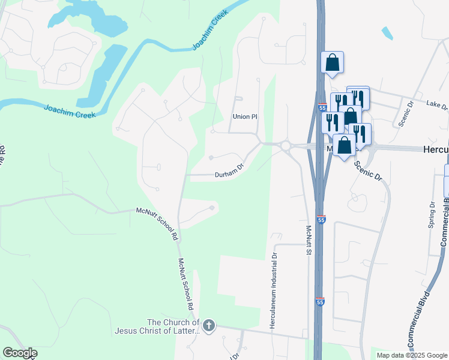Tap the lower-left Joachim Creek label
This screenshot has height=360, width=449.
tap(69, 111)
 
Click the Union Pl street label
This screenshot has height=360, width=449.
tap(245, 116)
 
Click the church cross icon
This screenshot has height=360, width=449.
tap(208, 326)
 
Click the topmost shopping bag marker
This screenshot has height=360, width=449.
tap(332, 62)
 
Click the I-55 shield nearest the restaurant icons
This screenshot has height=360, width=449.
tap(322, 108)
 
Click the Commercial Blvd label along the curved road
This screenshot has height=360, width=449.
tap(420, 320)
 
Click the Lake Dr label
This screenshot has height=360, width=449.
tap(437, 105)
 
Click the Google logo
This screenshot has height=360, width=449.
tap(20, 353)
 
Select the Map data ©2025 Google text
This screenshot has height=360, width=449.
tap(412, 355)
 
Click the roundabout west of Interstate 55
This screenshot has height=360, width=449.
tap(285, 145)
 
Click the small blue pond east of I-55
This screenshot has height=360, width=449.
tap(387, 33)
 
